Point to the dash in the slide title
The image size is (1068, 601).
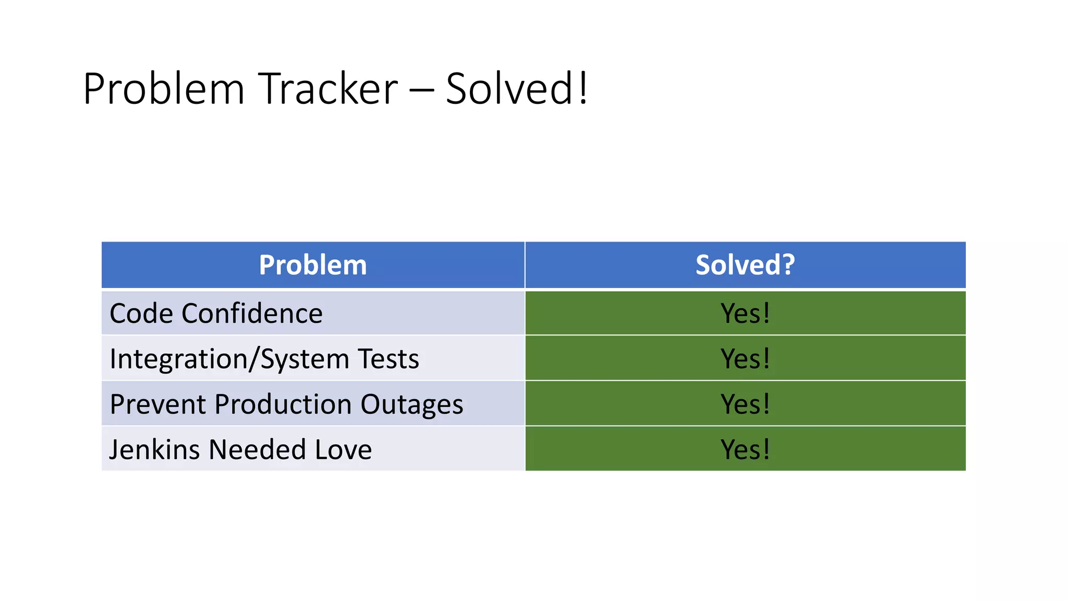point(421,90)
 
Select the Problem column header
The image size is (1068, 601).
point(313,265)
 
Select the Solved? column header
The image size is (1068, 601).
point(745,265)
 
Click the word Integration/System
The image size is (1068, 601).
point(229,359)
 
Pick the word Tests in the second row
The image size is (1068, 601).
point(389,359)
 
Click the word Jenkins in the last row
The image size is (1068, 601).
point(154,450)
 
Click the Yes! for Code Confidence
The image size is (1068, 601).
point(745,314)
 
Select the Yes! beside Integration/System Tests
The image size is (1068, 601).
point(745,359)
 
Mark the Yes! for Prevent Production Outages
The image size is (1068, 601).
point(745,404)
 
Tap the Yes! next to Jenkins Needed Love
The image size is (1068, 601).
point(745,450)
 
